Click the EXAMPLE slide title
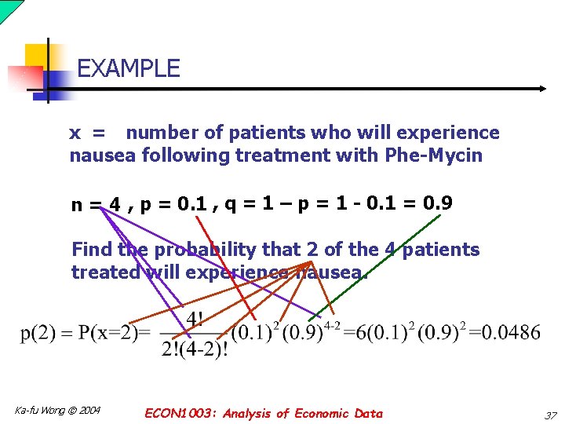129,69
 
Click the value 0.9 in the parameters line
437,204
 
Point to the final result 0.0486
511,333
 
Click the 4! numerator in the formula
195,320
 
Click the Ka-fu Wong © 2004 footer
57,411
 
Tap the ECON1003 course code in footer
180,413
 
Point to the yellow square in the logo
37,56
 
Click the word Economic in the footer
320,413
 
